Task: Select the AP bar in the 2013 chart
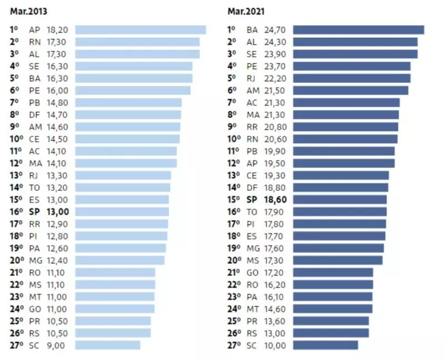(140, 30)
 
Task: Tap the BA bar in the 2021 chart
(358, 30)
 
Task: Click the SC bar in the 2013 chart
(107, 345)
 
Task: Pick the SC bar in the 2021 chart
(325, 345)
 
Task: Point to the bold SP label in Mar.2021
(252, 199)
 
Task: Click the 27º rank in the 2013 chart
(16, 345)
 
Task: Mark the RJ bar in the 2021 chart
(352, 78)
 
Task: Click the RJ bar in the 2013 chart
(122, 175)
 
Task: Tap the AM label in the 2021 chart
(253, 91)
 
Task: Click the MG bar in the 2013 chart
(120, 260)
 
